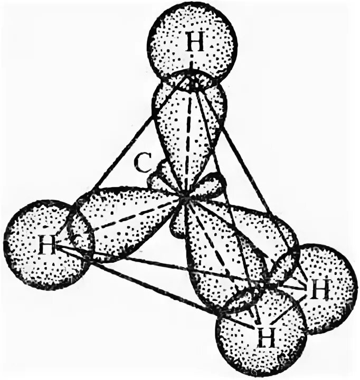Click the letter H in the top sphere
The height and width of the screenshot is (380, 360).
(195, 44)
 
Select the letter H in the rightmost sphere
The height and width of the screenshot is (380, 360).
(318, 289)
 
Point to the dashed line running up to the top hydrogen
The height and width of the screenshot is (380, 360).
(188, 142)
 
